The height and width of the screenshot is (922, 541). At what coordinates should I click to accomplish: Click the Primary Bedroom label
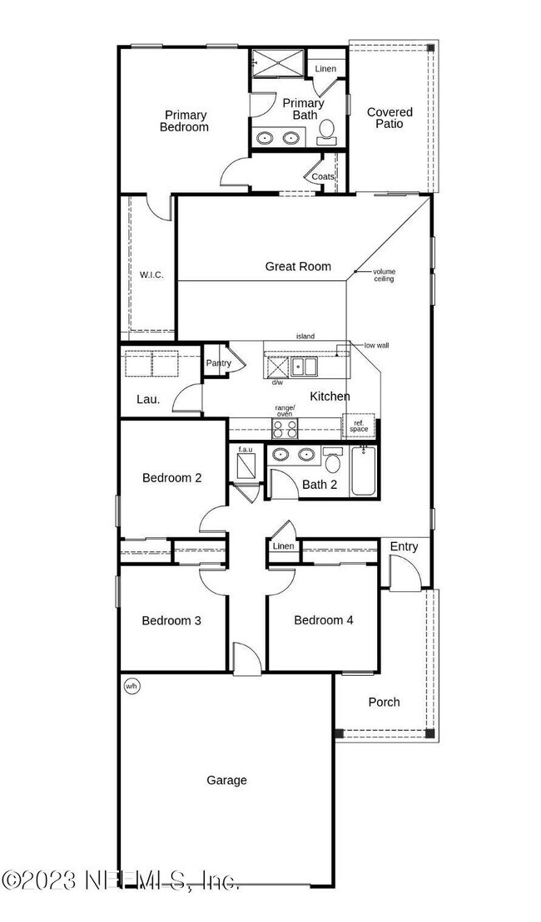[185, 121]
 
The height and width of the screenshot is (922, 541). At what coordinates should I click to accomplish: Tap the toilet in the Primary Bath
[327, 129]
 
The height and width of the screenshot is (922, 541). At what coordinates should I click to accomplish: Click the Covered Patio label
[390, 118]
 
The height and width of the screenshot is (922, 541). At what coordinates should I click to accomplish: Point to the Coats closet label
[323, 177]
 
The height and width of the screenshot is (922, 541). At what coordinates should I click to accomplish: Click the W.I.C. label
[151, 274]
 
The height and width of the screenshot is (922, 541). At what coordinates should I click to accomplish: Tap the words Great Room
[298, 267]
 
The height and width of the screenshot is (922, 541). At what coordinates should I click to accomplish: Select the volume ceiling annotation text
[384, 275]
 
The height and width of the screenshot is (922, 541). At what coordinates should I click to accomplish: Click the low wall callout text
[376, 345]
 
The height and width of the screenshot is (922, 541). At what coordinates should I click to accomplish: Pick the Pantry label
[219, 363]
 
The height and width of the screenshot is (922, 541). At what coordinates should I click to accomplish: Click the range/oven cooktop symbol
[285, 427]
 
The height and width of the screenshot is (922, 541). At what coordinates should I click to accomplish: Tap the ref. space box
[359, 426]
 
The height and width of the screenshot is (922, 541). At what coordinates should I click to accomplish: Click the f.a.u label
[246, 450]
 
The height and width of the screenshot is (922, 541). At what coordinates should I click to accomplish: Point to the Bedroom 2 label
[171, 478]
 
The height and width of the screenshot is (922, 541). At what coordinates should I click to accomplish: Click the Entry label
[404, 546]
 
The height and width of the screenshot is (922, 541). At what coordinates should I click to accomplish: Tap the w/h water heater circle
[131, 686]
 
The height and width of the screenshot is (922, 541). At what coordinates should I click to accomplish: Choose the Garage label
[227, 780]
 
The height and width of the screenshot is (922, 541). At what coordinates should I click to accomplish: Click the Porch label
[384, 702]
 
